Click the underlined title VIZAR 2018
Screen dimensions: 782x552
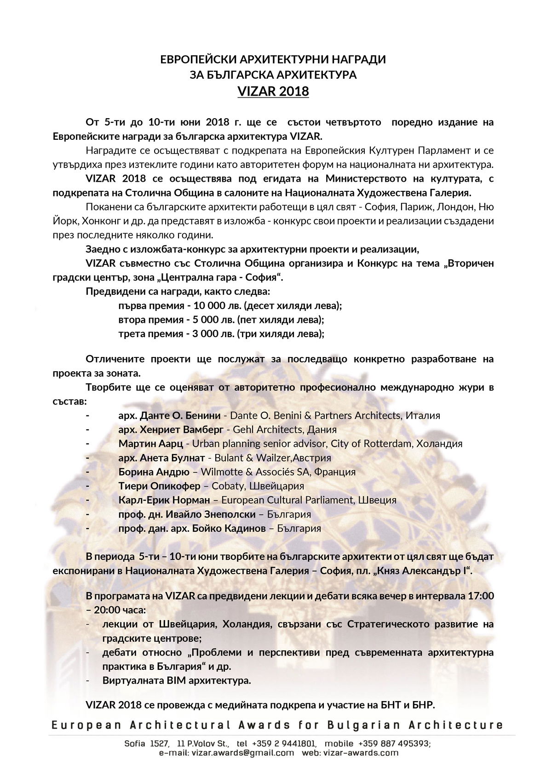(x=273, y=92)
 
